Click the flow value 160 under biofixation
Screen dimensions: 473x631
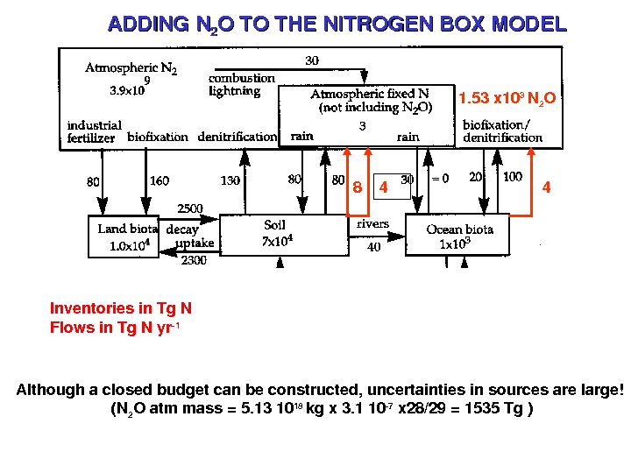coord(160,182)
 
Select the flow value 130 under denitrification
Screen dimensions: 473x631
coord(230,182)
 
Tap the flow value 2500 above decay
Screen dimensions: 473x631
coord(191,209)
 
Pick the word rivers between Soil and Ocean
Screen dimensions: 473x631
coord(372,223)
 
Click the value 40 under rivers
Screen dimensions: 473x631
coord(373,248)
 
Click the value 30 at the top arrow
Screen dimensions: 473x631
coord(312,60)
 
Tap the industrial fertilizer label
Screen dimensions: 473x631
coord(95,131)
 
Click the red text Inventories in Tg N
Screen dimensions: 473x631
coord(121,308)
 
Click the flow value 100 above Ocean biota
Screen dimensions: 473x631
coord(513,178)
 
